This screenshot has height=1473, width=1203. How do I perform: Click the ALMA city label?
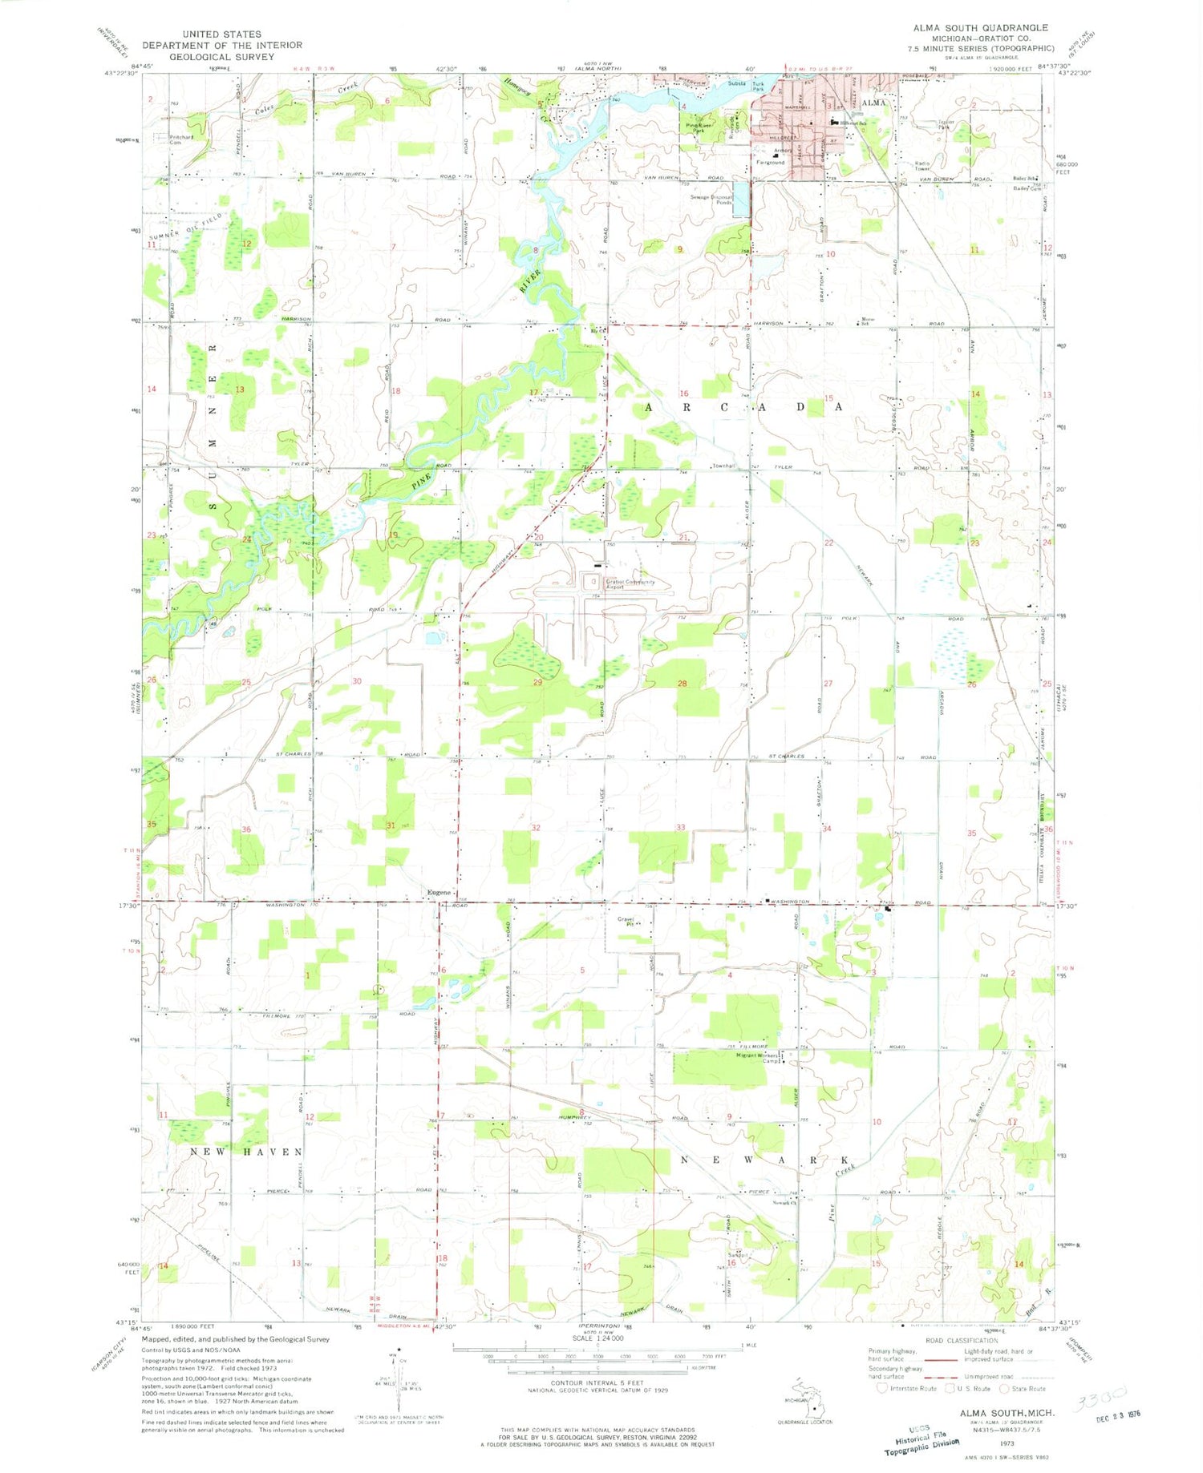(x=873, y=103)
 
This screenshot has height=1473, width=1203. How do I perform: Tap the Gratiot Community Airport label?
(x=630, y=584)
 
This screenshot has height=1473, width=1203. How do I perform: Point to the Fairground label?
(x=771, y=163)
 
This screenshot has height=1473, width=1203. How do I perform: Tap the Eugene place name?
(x=439, y=893)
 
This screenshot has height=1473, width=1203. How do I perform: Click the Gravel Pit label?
(x=626, y=922)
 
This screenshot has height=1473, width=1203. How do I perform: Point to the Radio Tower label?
(x=921, y=166)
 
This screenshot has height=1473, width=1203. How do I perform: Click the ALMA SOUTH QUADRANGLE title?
(x=979, y=28)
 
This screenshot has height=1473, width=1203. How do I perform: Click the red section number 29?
(x=537, y=682)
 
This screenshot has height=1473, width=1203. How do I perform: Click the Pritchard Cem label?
(x=181, y=139)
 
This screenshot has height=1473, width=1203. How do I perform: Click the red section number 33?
(x=680, y=827)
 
